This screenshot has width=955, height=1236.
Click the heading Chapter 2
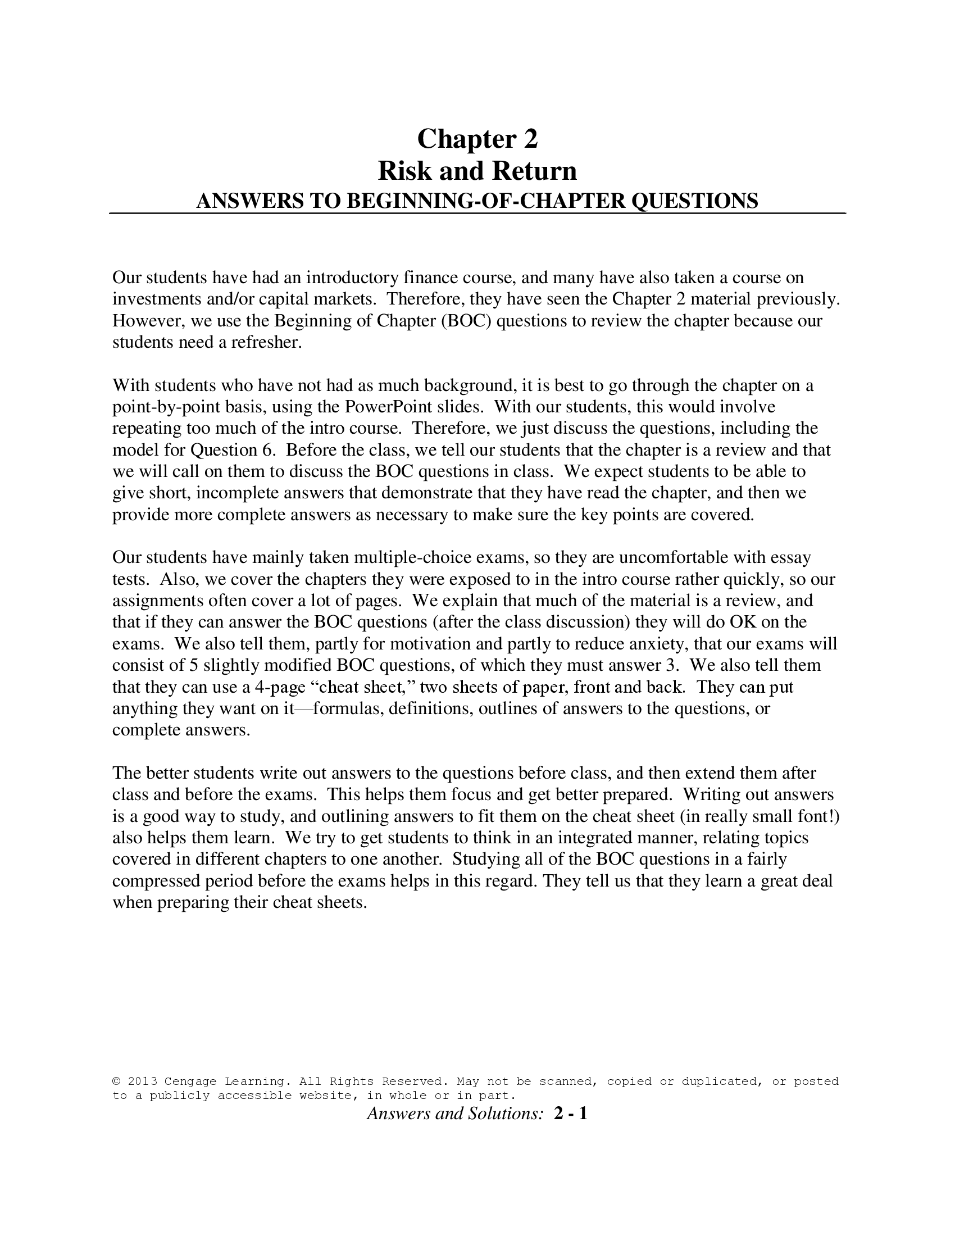point(477,139)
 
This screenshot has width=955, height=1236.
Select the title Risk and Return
point(477,171)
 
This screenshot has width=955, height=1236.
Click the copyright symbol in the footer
point(116,1081)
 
